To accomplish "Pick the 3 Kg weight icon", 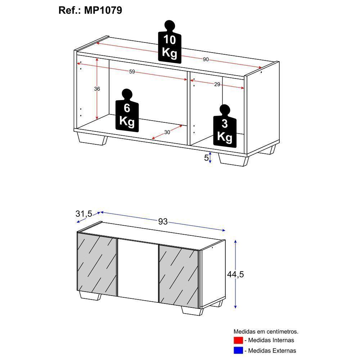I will tap(225, 128).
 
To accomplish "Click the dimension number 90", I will tap(206, 59).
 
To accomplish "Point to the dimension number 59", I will tap(132, 72).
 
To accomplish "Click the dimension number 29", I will tap(217, 84).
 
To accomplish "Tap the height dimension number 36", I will tap(97, 89).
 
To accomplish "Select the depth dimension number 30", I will tap(167, 132).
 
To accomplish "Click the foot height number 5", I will tap(206, 158).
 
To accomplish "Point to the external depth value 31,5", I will tap(84, 213).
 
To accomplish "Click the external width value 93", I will tap(163, 221).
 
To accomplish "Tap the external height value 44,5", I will tap(235, 274).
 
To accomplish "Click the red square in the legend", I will tap(238, 340).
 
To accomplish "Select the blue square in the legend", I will tap(238, 350).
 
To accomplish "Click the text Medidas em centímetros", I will tap(266, 332).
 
